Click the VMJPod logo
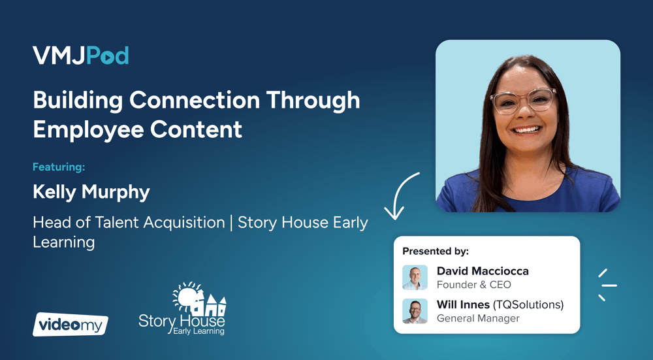pos(80,56)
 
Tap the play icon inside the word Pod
pos(107,58)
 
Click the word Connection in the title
pos(195,100)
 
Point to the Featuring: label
pos(59,167)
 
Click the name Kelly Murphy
pos(91,192)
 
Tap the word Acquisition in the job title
pos(184,223)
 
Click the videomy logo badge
pos(71,324)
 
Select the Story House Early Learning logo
pos(182,309)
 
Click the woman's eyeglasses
pos(523,101)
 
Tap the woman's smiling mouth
pos(526,130)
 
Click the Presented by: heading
pos(435,252)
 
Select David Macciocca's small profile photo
pos(415,278)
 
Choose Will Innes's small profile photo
pos(415,311)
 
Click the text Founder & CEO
pos(474,285)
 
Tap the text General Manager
pos(478,318)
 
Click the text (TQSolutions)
pos(528,305)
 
